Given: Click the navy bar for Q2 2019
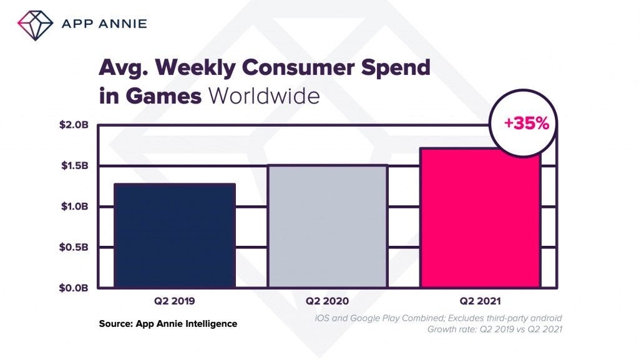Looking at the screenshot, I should (x=175, y=235).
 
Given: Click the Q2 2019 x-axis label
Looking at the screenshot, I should (x=174, y=301).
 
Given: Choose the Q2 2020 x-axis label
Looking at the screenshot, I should (x=327, y=301).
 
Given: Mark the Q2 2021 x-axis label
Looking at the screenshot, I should (x=480, y=301).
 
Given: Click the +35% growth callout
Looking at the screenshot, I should (x=527, y=124).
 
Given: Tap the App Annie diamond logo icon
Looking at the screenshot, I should (x=36, y=24).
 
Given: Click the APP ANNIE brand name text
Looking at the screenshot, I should (x=104, y=24).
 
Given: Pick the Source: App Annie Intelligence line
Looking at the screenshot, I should (x=168, y=324).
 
